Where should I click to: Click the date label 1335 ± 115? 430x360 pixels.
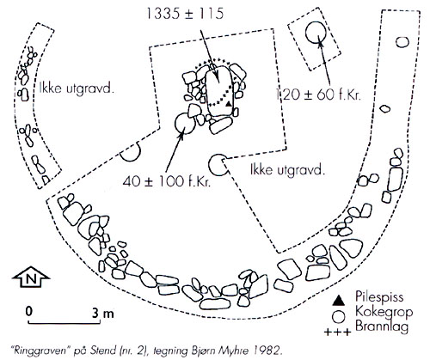click(x=185, y=14)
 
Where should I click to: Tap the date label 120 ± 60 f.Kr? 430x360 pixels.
click(x=317, y=95)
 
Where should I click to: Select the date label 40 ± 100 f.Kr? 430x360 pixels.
click(x=167, y=181)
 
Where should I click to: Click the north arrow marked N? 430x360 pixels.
click(x=31, y=277)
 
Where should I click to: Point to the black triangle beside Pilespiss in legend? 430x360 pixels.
click(x=339, y=300)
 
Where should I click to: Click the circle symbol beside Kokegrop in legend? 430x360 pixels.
click(x=339, y=317)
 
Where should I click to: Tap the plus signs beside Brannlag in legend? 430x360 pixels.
click(x=337, y=333)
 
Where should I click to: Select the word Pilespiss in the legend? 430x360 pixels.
click(x=379, y=297)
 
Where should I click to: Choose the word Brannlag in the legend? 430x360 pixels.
click(x=382, y=326)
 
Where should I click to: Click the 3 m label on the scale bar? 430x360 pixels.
click(x=103, y=314)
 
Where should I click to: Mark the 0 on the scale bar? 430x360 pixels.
click(x=28, y=311)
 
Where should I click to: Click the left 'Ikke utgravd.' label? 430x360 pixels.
click(x=77, y=88)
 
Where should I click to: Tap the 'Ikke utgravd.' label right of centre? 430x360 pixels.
click(x=288, y=170)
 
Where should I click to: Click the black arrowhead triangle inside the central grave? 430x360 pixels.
click(x=228, y=104)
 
